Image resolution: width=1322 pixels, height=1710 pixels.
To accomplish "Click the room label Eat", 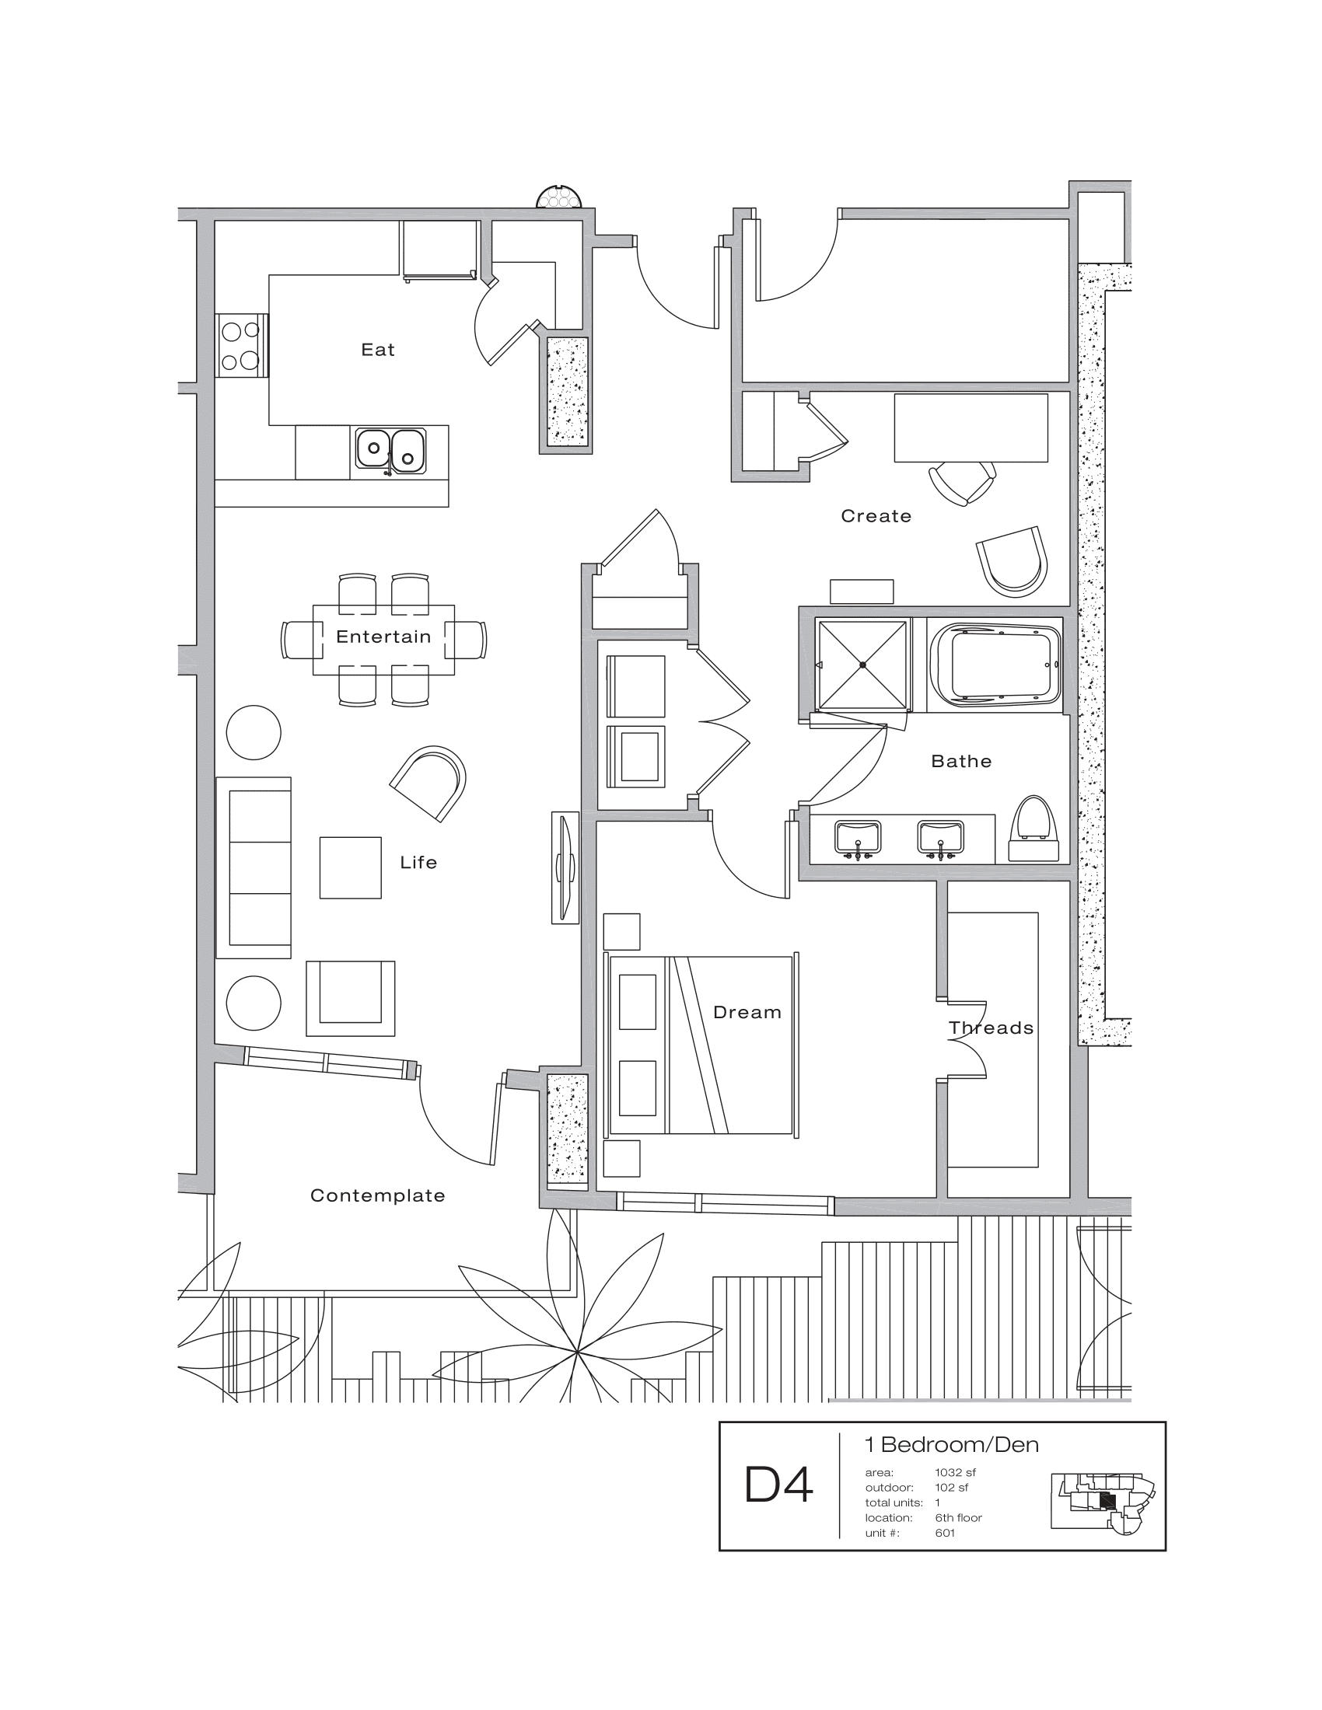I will click(x=377, y=350).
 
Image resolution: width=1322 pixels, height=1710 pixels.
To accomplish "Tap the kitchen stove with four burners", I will click(x=241, y=345).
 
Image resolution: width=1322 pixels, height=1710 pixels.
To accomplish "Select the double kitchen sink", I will click(x=391, y=451).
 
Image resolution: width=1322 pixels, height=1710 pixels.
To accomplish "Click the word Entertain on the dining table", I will click(x=383, y=637).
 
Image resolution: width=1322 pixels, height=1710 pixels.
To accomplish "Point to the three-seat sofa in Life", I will click(x=254, y=867).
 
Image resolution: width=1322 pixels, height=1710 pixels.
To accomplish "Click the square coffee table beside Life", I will click(x=350, y=867).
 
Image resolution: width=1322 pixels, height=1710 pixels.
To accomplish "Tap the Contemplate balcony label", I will click(x=377, y=1195).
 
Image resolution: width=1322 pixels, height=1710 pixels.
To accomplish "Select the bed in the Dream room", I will click(x=700, y=1045).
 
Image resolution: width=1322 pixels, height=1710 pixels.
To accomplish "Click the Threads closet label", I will click(x=991, y=1028).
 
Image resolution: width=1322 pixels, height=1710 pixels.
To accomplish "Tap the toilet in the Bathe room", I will click(x=1034, y=830).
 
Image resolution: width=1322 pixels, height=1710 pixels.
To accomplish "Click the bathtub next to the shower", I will click(x=995, y=665).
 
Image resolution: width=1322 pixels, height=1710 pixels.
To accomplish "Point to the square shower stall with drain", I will click(x=862, y=665).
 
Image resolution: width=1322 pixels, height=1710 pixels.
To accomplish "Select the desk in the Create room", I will click(x=971, y=427).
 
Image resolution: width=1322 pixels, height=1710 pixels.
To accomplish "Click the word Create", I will click(x=876, y=516).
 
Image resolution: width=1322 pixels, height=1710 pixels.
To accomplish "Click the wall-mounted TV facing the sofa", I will click(x=565, y=867).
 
